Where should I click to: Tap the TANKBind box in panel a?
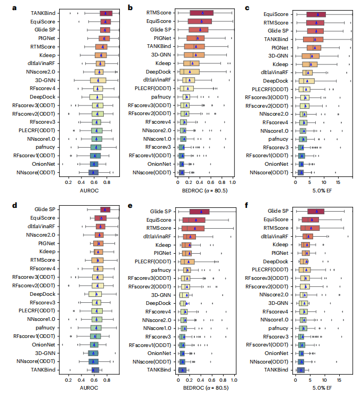click(x=106, y=13)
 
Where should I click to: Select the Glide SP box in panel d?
click(x=105, y=209)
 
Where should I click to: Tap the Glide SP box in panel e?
click(x=199, y=211)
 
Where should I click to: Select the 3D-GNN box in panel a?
click(x=97, y=80)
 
